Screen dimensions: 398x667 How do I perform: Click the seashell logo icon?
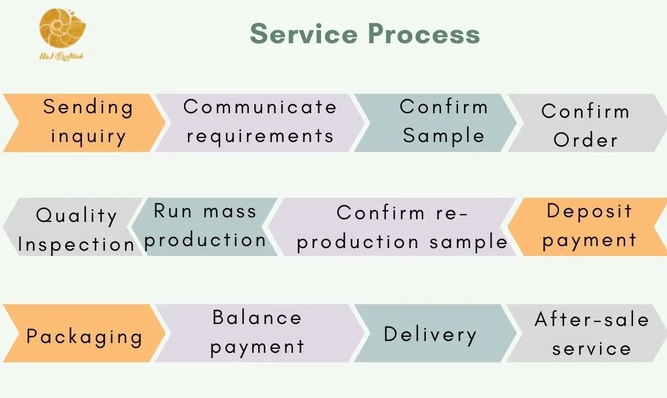coord(62,28)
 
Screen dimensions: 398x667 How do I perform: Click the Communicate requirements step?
coord(259,122)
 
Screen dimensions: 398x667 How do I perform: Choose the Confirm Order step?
coord(585,125)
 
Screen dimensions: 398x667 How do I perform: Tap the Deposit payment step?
coord(589,226)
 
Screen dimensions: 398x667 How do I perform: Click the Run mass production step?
coord(204,226)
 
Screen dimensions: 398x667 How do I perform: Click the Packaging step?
coord(85,336)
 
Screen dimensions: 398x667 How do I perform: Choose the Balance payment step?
coord(257,332)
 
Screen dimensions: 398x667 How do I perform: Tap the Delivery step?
coord(430,335)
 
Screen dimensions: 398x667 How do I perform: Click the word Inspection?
coord(76,244)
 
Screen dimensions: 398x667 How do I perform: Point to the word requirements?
coord(259,136)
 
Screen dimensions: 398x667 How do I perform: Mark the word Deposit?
coord(589,211)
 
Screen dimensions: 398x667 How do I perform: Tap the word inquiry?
coord(88,137)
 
